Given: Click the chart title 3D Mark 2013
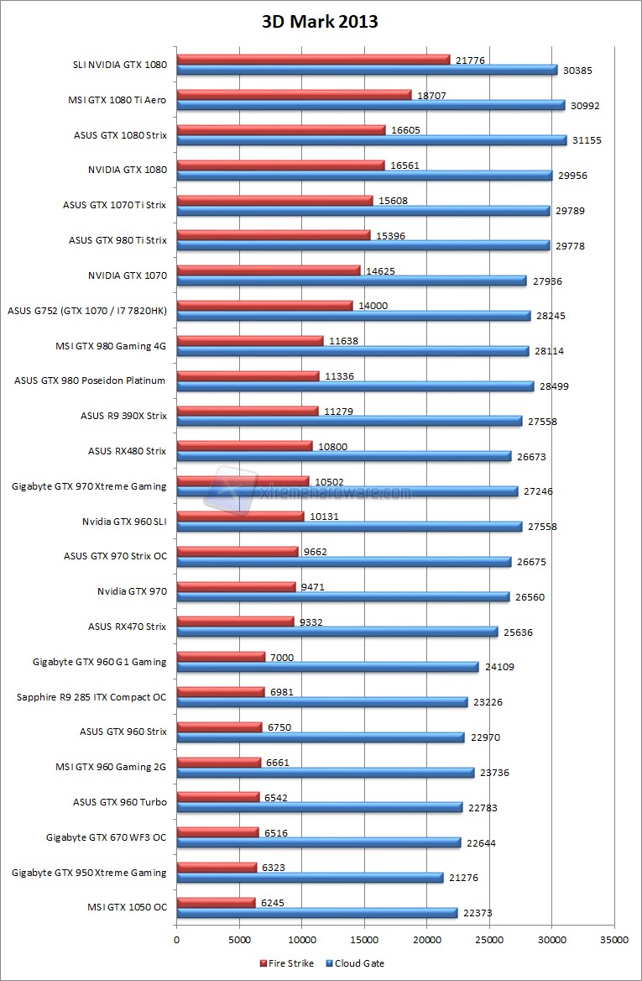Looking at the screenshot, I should [320, 22].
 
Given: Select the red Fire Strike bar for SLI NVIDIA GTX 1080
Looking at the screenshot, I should [313, 60].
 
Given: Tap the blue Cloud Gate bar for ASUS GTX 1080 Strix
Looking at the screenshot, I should [371, 140].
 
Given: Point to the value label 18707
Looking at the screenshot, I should [429, 95].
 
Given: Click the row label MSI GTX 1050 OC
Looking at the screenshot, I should [127, 908].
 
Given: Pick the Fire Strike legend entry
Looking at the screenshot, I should [288, 963].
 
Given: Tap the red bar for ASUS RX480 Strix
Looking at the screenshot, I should [244, 446].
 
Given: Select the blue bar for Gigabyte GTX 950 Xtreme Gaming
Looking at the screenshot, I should [310, 878].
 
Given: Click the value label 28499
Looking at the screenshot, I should [555, 386].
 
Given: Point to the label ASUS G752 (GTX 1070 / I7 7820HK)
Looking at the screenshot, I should [87, 311].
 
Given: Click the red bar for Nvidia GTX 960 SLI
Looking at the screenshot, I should [240, 517].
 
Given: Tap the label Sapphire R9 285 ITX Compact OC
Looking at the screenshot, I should [91, 696].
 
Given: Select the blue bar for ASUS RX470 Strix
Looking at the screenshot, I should [337, 632].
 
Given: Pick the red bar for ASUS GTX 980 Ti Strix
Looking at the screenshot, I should [273, 235].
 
